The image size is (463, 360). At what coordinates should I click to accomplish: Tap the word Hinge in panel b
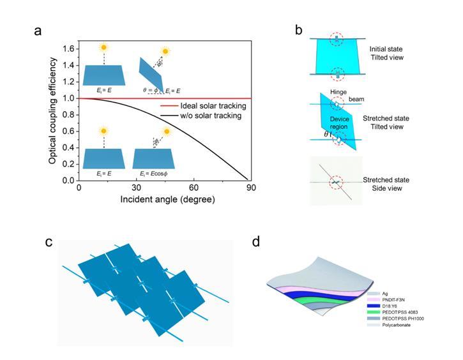pos(340,93)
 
